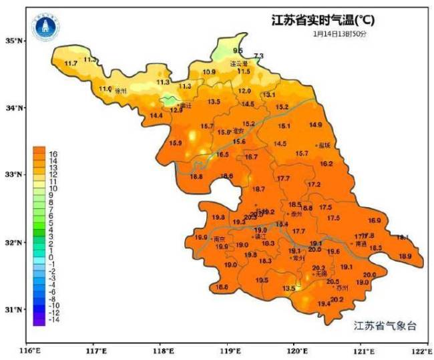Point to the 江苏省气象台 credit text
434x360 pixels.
point(385,325)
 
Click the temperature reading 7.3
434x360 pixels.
point(259,55)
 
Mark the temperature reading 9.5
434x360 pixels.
point(238,51)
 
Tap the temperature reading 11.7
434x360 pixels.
point(71,63)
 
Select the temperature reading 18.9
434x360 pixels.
point(405,256)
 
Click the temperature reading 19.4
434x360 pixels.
point(324,304)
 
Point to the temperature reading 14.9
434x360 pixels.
point(315,125)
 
